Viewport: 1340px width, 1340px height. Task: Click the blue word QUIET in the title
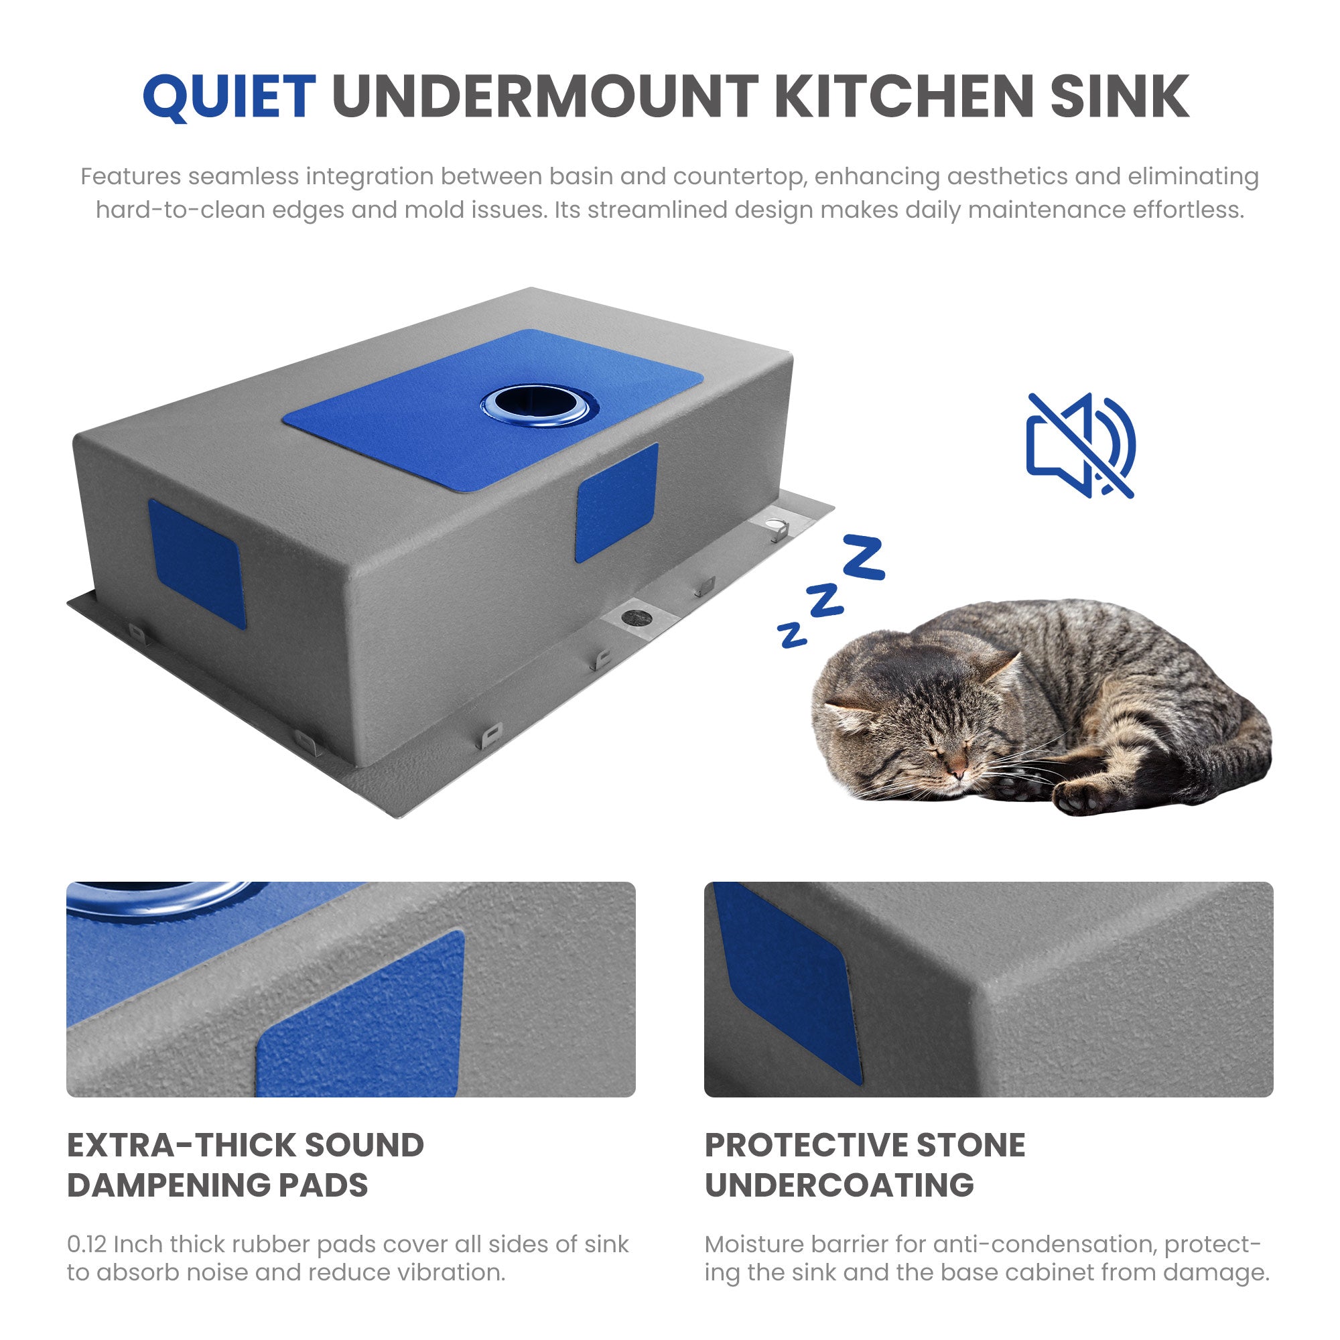click(x=229, y=97)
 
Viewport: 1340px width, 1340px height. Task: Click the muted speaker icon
click(x=1080, y=446)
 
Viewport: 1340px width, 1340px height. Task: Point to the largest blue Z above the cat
click(x=864, y=558)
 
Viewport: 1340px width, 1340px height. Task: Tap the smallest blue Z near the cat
click(x=791, y=634)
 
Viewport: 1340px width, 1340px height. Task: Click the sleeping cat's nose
click(x=958, y=772)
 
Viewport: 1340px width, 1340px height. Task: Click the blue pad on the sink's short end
click(x=197, y=563)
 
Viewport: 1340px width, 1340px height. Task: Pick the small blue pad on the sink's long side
click(x=616, y=502)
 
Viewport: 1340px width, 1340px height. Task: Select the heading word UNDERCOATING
click(x=840, y=1185)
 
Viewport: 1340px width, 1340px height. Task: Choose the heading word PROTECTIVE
click(x=805, y=1145)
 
